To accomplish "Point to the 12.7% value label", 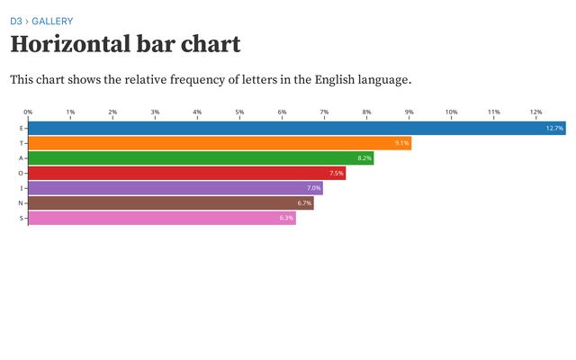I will pos(554,129).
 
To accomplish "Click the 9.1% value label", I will pos(401,143).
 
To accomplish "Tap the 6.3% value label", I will pos(286,218).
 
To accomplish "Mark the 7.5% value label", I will pos(337,173).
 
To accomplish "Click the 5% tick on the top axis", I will pos(239,112).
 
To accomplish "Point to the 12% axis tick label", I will pos(536,112).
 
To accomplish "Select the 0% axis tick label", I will pos(29,112).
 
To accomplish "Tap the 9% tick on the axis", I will pos(409,112).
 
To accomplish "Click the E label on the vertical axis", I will pos(21,129).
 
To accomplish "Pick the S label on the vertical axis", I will pos(21,218).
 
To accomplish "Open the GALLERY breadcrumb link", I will pos(52,21).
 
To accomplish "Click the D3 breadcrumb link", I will pos(16,21).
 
